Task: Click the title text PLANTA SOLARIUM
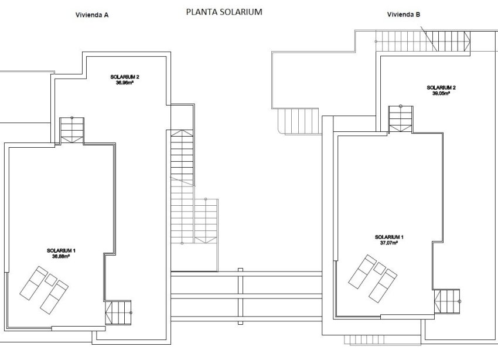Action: [224, 12]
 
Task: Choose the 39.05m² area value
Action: [441, 93]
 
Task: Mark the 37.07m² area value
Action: [389, 242]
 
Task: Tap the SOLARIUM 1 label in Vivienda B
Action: [389, 237]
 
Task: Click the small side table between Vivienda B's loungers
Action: [379, 269]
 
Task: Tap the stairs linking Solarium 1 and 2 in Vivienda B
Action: [402, 117]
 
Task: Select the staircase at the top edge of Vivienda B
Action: [422, 41]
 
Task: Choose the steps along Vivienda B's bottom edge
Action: [363, 339]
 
